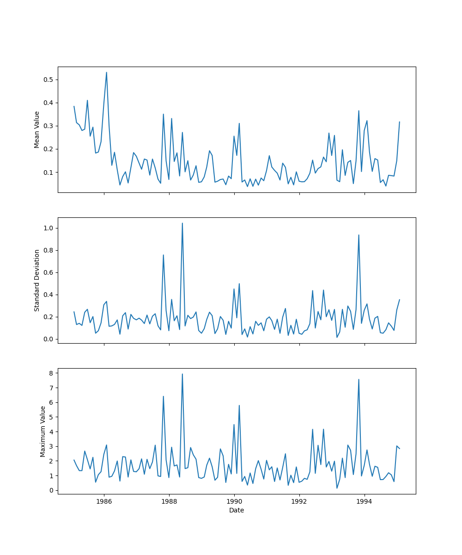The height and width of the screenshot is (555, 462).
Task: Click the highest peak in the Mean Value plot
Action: (106, 73)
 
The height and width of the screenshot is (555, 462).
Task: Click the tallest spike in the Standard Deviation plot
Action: (182, 223)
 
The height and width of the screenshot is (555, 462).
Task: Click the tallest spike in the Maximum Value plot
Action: (182, 374)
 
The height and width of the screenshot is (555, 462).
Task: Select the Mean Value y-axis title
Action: (37, 129)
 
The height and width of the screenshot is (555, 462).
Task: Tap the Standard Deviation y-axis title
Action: (37, 280)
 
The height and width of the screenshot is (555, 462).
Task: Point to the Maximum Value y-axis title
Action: (43, 431)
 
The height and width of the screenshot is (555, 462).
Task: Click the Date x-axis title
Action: (237, 510)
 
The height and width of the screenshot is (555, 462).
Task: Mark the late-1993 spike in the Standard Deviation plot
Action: (359, 235)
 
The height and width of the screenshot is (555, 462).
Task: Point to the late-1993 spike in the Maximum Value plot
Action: (359, 380)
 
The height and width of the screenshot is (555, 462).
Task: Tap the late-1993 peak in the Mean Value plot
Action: (359, 111)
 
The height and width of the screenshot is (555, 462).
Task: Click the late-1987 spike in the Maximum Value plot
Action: (163, 396)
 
